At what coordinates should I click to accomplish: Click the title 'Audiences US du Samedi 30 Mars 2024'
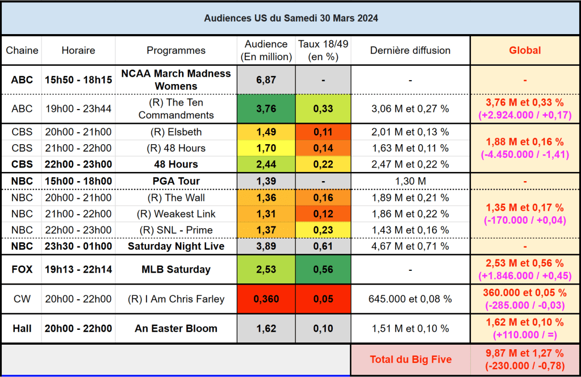[291, 18]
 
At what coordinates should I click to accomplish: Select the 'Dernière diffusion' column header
[410, 51]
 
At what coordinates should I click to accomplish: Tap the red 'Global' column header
[525, 51]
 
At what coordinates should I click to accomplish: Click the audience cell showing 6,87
[266, 80]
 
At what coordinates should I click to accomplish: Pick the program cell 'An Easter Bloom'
[176, 329]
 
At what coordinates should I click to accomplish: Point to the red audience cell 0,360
[266, 299]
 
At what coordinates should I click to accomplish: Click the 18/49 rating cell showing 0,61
[323, 246]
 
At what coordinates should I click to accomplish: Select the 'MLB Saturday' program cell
[176, 270]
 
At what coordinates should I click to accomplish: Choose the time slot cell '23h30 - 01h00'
[78, 246]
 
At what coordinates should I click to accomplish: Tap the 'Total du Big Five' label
[411, 359]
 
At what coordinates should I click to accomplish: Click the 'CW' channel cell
[22, 299]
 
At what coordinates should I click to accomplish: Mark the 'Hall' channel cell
[22, 329]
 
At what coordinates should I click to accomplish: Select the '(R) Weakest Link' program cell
[176, 214]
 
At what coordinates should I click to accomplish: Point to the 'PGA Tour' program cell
[176, 182]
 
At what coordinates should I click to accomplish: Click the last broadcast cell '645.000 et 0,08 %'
[410, 299]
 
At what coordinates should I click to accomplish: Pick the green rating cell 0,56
[323, 270]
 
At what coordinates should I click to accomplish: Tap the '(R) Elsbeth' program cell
[176, 132]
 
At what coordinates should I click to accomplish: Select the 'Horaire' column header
[78, 51]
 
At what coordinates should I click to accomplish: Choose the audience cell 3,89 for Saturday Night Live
[266, 246]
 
